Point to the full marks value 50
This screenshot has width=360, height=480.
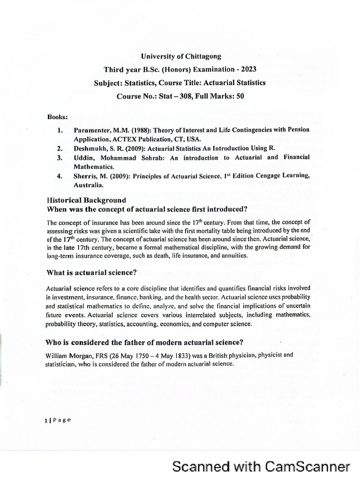[x=240, y=96]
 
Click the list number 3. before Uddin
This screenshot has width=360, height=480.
[x=60, y=157]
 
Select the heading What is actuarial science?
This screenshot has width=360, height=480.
[x=91, y=272]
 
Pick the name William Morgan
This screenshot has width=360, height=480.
[x=68, y=355]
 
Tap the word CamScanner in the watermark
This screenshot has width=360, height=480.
[x=307, y=466]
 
